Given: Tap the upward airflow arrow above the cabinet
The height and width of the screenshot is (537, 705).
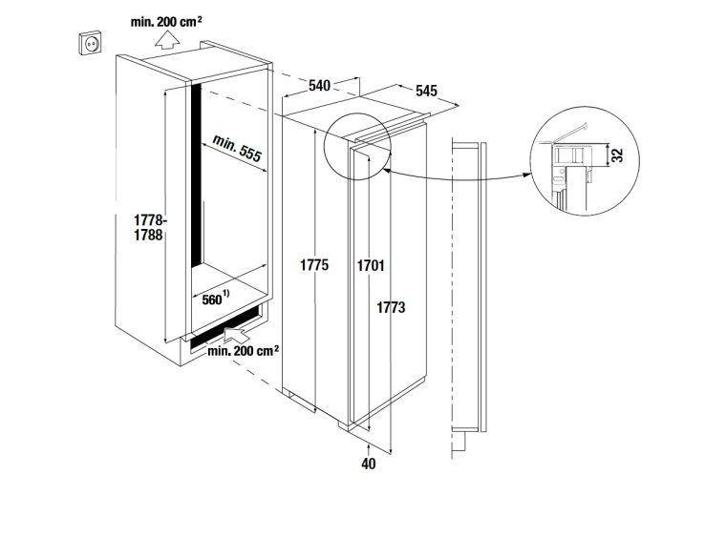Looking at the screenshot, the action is coord(167,39).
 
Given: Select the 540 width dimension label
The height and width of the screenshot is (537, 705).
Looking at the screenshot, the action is coord(319,85).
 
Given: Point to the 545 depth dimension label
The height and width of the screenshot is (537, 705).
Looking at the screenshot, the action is coord(426,91).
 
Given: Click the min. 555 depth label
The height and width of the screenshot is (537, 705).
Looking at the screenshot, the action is coord(237,148).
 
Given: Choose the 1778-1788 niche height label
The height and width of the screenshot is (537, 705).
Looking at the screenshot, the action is coord(148,227).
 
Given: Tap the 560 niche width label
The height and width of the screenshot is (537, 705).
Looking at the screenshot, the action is coord(212,299).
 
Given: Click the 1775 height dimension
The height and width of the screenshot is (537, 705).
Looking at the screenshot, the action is coord(314,265).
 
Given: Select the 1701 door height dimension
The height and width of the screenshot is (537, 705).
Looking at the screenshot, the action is coord(371,266).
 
